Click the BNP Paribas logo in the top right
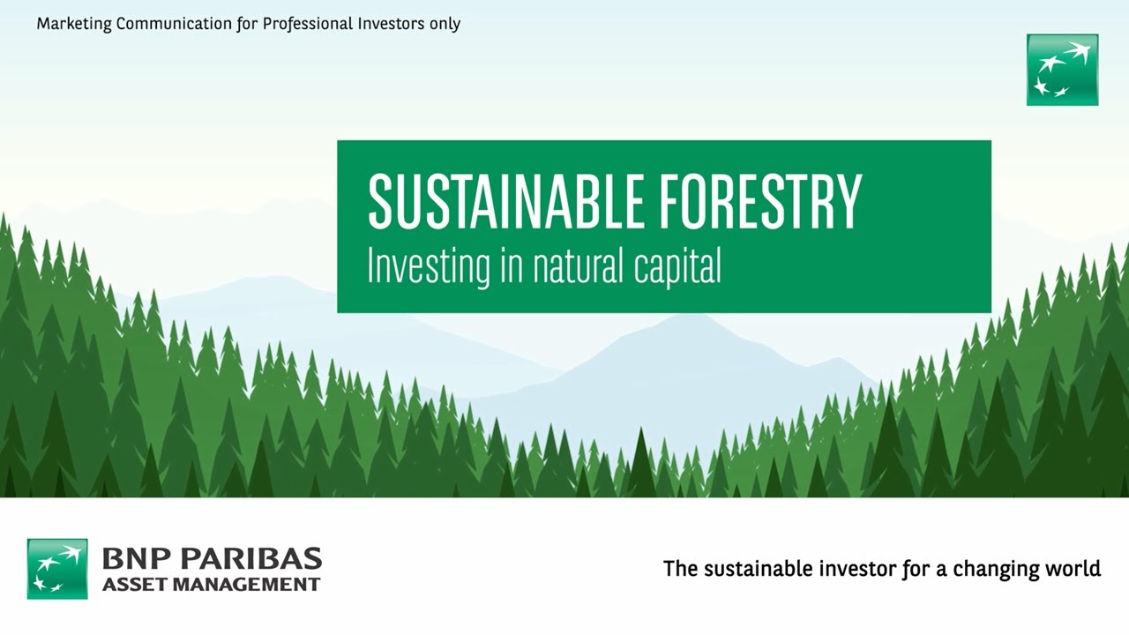tap(1062, 70)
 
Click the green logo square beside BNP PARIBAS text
tap(57, 569)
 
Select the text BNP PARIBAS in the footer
tap(212, 559)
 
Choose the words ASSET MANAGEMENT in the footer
tap(211, 584)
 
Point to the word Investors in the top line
tap(385, 24)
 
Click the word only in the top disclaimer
tap(444, 24)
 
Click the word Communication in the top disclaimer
tap(176, 24)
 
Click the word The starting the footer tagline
tap(679, 569)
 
